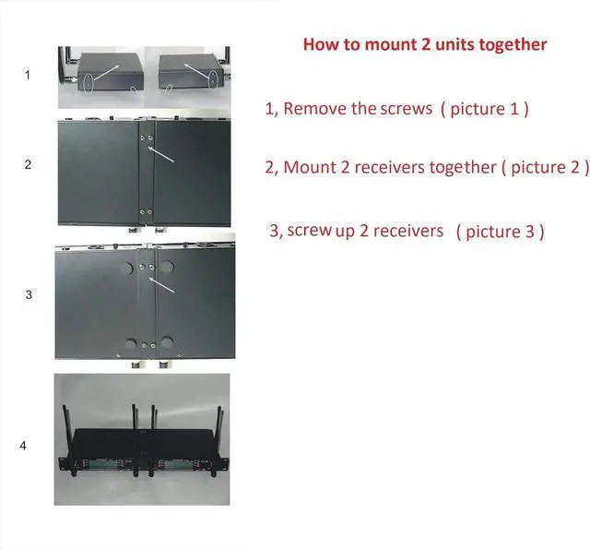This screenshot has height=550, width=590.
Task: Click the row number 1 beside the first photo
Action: point(28,76)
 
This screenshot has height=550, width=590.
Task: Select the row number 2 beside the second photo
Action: point(28,165)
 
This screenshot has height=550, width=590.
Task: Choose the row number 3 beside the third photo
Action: point(29,295)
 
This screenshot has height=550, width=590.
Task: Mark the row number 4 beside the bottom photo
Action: point(23,447)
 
